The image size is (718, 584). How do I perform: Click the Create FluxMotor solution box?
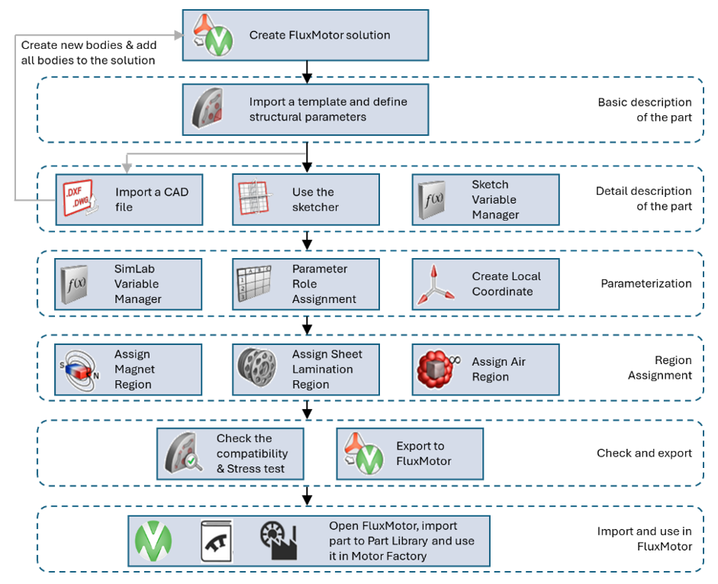pos(305,35)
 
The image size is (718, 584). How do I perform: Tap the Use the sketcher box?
pos(305,200)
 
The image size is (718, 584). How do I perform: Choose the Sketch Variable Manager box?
pos(485,200)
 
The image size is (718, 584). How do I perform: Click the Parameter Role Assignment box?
pos(305,284)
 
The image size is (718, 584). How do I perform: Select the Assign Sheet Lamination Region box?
pos(305,369)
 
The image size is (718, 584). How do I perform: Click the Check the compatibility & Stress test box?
pos(230,453)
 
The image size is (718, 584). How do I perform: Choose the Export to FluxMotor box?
pos(410,453)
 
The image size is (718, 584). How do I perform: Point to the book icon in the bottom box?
pos(217,541)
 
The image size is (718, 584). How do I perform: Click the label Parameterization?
pos(646,283)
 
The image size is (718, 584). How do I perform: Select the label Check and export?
pos(644,453)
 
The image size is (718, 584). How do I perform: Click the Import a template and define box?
pos(305,109)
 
